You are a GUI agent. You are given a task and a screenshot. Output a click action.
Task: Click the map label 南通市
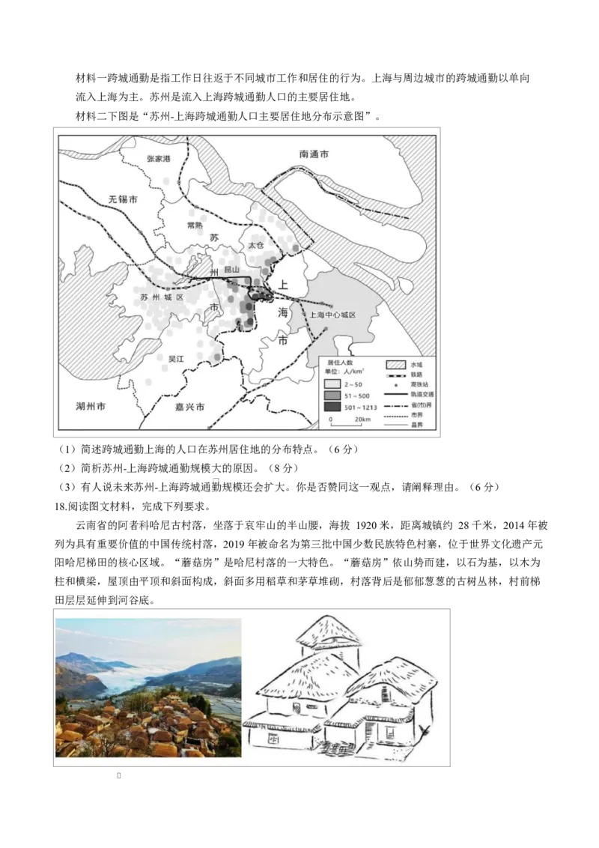point(314,154)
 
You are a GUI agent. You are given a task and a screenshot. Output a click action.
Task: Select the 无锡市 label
point(123,200)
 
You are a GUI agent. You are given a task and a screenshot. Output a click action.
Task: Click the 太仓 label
point(256,245)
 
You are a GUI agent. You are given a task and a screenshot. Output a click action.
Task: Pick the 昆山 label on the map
point(231,269)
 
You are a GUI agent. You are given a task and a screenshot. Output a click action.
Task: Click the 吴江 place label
point(176,359)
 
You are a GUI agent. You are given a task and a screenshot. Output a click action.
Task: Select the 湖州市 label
point(91,407)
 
